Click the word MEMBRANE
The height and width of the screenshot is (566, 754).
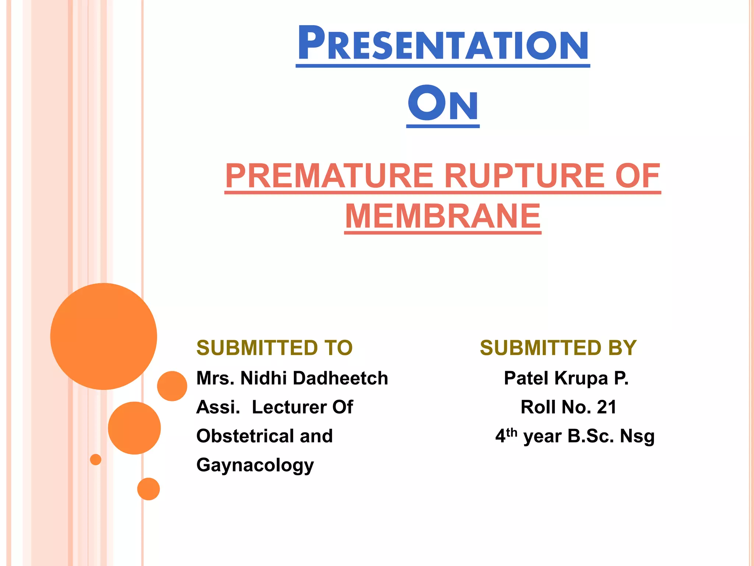pyautogui.click(x=443, y=217)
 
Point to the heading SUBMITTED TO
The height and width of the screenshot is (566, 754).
pyautogui.click(x=274, y=348)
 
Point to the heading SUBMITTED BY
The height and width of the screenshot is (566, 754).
pyautogui.click(x=558, y=348)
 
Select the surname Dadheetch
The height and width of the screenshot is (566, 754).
pyautogui.click(x=340, y=378)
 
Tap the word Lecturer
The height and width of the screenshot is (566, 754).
pyautogui.click(x=289, y=407)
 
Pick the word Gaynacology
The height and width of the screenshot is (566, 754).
pyautogui.click(x=255, y=465)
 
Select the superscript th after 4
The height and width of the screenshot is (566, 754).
pyautogui.click(x=512, y=432)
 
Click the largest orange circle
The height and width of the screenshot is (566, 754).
pyautogui.click(x=103, y=336)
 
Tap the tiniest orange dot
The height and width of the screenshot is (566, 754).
pyautogui.click(x=96, y=460)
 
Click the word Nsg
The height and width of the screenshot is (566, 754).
pyautogui.click(x=637, y=436)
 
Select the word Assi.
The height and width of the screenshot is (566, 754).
pyautogui.click(x=218, y=407)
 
